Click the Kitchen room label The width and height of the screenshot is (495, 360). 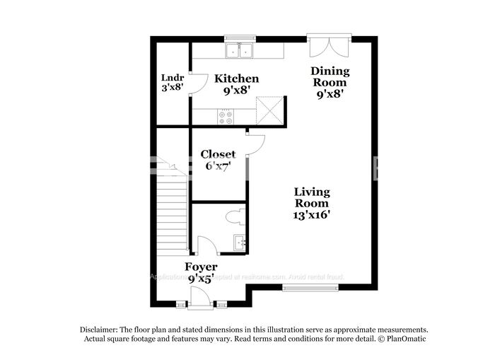pyautogui.click(x=236, y=79)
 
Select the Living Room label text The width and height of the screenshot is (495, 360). pyautogui.click(x=312, y=197)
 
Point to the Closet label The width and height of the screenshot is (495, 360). pyautogui.click(x=218, y=154)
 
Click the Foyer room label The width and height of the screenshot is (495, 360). pyautogui.click(x=201, y=267)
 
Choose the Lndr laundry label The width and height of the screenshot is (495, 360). pyautogui.click(x=172, y=78)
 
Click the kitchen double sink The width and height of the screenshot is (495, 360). pyautogui.click(x=240, y=51)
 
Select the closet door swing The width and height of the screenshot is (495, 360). pyautogui.click(x=255, y=145)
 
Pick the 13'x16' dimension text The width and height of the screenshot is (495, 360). pyautogui.click(x=312, y=214)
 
